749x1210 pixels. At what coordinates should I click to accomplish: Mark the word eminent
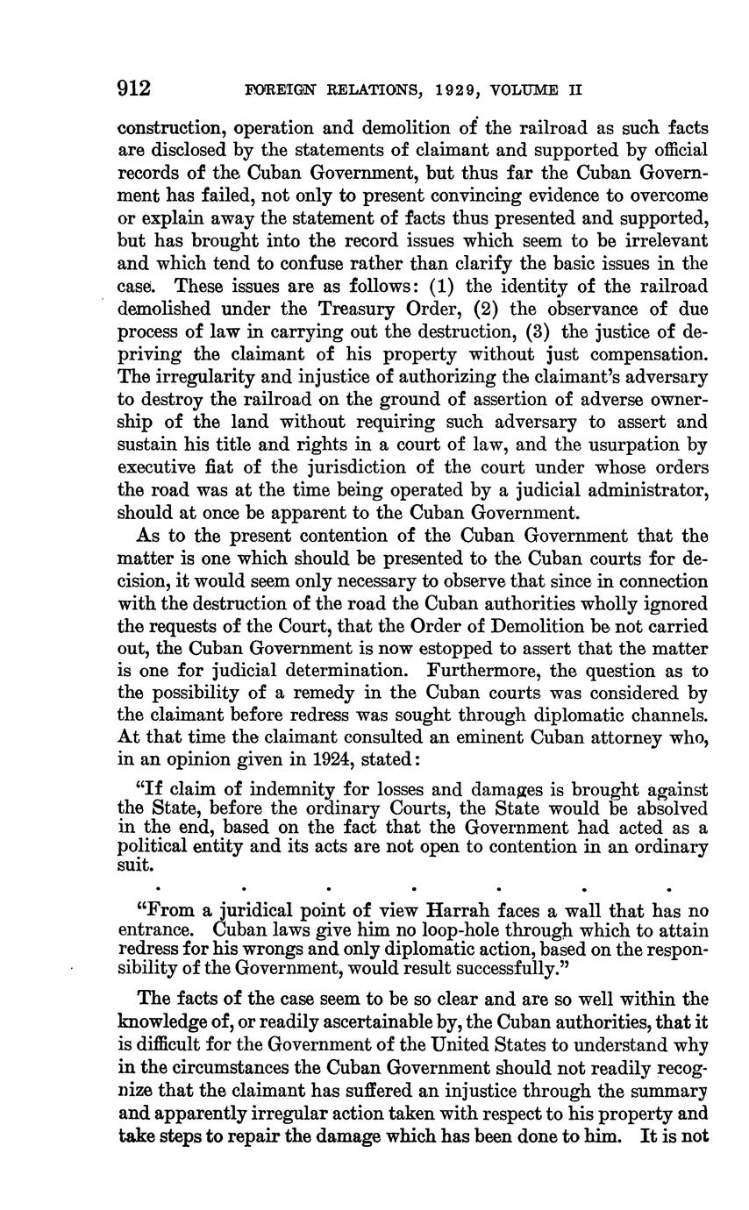tap(467, 741)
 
